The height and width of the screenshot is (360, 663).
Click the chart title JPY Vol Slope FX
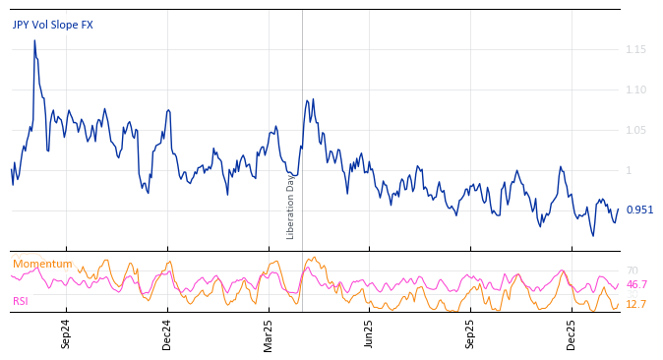(53, 25)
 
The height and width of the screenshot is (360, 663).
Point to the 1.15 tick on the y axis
(635, 49)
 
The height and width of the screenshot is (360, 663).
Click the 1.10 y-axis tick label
(635, 90)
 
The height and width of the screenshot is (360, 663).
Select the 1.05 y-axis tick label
(635, 130)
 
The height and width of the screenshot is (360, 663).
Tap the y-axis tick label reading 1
(630, 170)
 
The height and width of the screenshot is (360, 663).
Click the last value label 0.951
(639, 210)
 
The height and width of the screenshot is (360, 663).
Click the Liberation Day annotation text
(291, 206)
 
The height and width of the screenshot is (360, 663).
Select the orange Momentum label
(42, 264)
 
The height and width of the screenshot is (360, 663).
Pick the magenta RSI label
(21, 301)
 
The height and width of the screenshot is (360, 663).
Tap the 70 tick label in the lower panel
(632, 270)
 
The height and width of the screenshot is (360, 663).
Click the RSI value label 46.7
(636, 284)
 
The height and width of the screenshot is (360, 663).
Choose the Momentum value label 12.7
(635, 304)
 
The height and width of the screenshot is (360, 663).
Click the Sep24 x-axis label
(66, 334)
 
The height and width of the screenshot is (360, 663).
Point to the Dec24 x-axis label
(167, 334)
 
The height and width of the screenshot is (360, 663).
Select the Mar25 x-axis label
(269, 334)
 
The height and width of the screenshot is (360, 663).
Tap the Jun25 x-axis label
(369, 334)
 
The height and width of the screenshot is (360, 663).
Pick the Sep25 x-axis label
(470, 334)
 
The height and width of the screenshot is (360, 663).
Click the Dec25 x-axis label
(572, 334)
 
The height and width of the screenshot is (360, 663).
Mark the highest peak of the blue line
(34, 40)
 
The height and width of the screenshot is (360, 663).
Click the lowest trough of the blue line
(593, 235)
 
